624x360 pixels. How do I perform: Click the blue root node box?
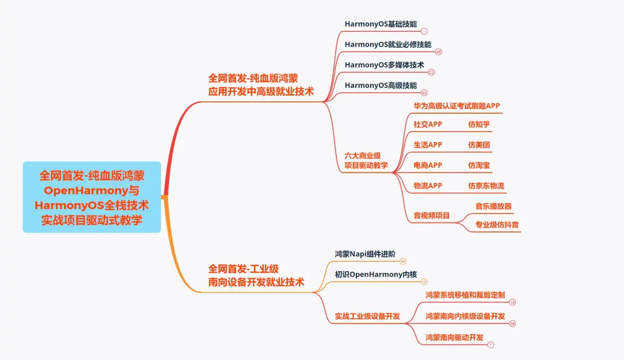pos(92,197)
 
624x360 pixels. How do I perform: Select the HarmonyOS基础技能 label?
pos(381,23)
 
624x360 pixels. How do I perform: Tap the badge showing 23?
pos(431,72)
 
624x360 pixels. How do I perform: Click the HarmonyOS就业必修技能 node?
pos(388,44)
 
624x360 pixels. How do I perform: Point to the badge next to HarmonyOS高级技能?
pos(424,93)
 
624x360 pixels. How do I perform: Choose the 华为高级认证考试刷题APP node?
pos(457,106)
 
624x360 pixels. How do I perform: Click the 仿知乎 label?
pos(479,124)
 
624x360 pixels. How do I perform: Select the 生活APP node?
pos(428,144)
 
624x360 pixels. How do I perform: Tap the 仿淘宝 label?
pos(479,165)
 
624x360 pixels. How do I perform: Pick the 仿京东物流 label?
pos(486,186)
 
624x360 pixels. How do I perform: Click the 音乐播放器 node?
pos(493,206)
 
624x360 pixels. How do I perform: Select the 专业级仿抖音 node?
pos(497,224)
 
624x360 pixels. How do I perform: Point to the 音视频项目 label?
pos(431,216)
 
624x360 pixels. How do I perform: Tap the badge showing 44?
pos(403,261)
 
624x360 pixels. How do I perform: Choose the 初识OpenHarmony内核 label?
pos(376,274)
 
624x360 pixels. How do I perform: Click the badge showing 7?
pos(491,345)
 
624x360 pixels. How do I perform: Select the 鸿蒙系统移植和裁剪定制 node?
pos(465,295)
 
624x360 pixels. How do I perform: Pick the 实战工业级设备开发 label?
pos(367,316)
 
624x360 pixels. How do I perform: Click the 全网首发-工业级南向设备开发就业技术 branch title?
pos(256,276)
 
